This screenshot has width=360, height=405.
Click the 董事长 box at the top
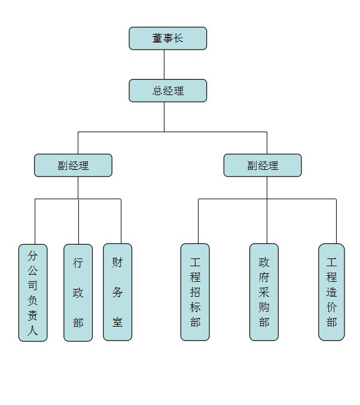click(x=168, y=38)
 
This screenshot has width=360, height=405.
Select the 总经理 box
click(x=168, y=91)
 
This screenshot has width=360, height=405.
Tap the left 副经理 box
click(x=73, y=166)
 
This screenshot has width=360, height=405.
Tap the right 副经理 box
click(x=263, y=166)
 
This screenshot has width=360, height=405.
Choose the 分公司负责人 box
click(x=33, y=293)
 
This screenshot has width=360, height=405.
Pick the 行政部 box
click(x=78, y=293)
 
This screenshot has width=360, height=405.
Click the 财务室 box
click(x=117, y=293)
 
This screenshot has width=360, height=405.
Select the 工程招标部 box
click(x=195, y=293)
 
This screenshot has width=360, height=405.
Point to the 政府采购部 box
click(x=264, y=293)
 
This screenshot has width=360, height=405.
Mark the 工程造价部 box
click(x=332, y=293)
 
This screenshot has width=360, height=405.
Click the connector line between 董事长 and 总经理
click(x=164, y=65)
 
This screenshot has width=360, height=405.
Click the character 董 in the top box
click(x=157, y=38)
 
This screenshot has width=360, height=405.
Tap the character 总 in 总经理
click(x=157, y=91)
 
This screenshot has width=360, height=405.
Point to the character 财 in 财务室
click(x=117, y=262)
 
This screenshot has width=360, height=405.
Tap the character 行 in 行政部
click(x=78, y=262)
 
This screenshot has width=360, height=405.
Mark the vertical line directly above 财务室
click(x=121, y=221)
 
